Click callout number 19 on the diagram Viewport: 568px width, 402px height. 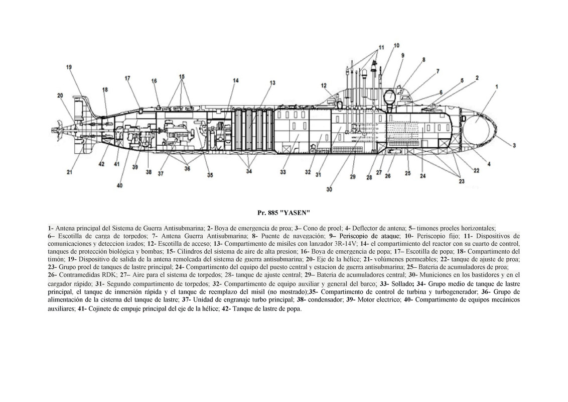(69, 67)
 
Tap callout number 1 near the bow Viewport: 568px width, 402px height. (496, 86)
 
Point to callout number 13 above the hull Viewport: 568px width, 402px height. (272, 82)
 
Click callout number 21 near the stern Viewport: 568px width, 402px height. (70, 173)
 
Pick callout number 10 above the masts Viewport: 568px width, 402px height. (396, 45)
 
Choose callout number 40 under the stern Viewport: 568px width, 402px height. (119, 185)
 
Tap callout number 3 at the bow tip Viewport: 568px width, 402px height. (514, 145)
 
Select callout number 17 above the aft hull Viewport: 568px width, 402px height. (127, 78)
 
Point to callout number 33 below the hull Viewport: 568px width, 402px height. (283, 172)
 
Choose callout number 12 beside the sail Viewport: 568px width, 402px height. (324, 85)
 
